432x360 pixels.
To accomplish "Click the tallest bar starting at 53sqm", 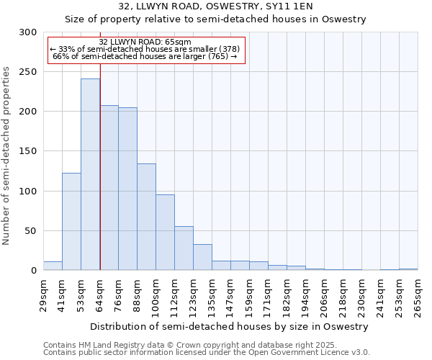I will click(90, 174).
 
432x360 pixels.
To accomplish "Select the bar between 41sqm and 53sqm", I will click(71, 222).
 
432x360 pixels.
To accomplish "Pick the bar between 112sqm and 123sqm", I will click(184, 248).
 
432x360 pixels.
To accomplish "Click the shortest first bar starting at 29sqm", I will click(53, 266).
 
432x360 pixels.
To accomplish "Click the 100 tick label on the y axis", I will click(28, 192).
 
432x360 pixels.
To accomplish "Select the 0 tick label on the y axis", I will click(34, 271).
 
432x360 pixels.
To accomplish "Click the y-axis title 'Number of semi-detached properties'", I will click(7, 156).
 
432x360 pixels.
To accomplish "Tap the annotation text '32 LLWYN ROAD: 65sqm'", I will click(145, 42).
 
